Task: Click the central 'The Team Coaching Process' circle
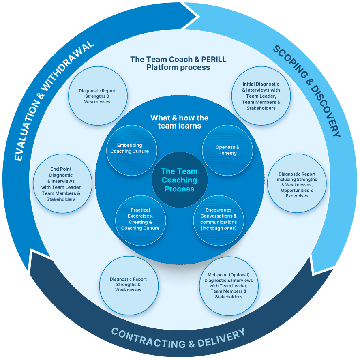(180, 180)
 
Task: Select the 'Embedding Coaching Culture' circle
(132, 150)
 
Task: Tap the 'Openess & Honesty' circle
(227, 150)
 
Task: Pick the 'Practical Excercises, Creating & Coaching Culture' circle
(141, 221)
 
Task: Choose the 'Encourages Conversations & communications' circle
(219, 221)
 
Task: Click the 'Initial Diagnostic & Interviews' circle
(261, 96)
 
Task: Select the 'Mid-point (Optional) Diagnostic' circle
(229, 286)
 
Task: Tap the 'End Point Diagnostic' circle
(62, 184)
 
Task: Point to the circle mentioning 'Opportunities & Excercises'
(297, 183)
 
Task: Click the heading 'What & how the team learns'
(180, 122)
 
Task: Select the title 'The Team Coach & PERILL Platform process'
(178, 63)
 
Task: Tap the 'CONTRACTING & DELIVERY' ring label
(178, 338)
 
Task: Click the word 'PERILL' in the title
(214, 59)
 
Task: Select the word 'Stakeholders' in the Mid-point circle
(228, 297)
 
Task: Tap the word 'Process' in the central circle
(179, 189)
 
